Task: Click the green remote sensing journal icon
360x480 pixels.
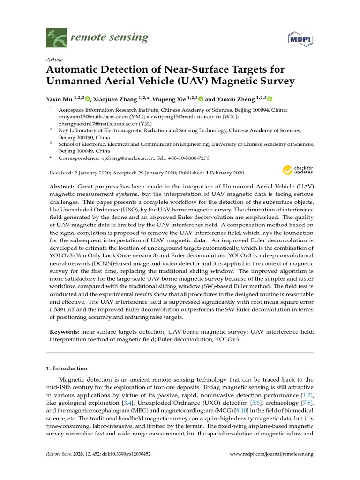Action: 56,37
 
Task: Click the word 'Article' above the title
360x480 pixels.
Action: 54,60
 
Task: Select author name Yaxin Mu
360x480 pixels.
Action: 58,99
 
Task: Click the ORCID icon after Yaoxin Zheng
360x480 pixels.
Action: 270,98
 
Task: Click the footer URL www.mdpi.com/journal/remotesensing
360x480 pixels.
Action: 272,454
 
